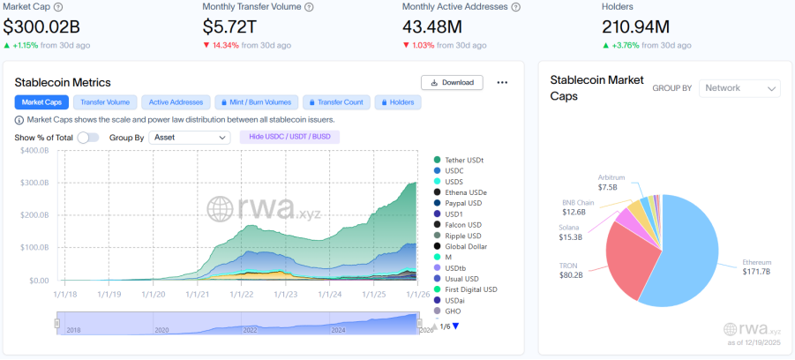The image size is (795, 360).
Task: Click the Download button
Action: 452,83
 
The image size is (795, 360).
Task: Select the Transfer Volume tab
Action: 105,102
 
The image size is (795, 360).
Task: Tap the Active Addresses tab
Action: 176,102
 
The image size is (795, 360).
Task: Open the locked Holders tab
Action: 398,102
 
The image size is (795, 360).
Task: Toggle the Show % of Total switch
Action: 88,138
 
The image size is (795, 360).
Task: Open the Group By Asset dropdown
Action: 190,138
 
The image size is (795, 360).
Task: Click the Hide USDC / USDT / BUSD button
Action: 289,138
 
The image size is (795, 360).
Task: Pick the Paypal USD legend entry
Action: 458,203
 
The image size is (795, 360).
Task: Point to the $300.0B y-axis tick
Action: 34,183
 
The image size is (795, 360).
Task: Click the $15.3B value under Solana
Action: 569,236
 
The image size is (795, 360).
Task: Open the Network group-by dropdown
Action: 739,88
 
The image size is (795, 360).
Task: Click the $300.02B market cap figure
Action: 41,26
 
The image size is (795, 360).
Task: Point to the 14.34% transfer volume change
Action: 223,45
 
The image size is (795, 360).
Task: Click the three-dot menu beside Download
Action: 502,83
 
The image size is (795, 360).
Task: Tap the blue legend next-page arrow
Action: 455,326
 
